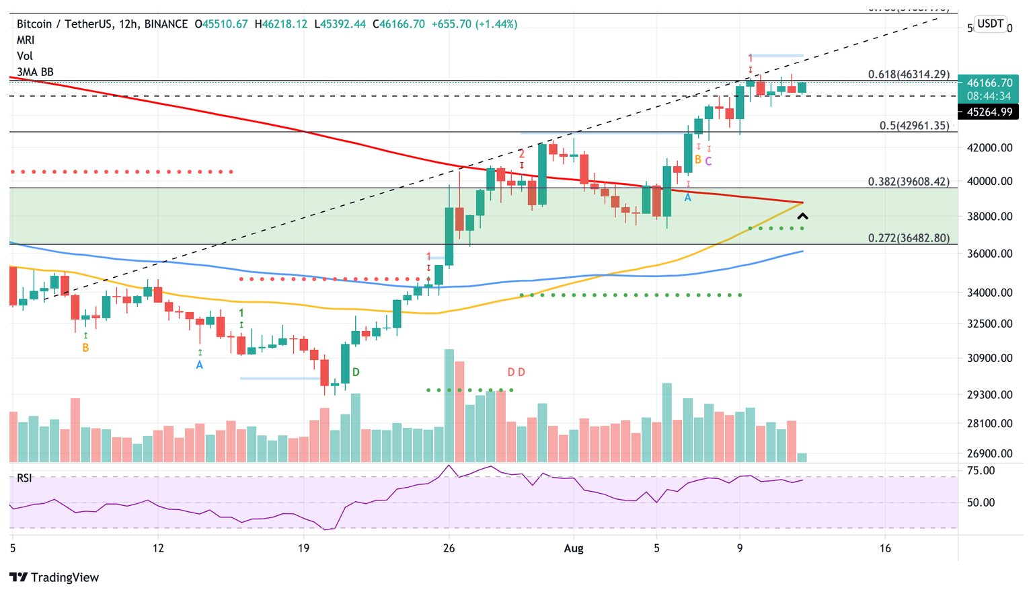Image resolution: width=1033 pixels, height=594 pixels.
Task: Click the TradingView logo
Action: (x=54, y=577)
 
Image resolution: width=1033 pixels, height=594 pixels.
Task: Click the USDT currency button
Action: (x=990, y=24)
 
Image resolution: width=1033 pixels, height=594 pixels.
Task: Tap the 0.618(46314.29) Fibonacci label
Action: (x=909, y=74)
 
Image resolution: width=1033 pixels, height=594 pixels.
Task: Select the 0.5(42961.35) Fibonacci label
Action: (x=914, y=126)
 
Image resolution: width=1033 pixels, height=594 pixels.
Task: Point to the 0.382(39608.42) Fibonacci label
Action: (x=909, y=182)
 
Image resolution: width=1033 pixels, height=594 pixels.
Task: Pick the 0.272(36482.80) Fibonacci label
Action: (x=909, y=238)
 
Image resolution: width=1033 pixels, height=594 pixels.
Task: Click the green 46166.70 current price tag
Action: (x=989, y=83)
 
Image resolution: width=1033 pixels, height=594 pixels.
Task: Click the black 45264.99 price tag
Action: (x=989, y=112)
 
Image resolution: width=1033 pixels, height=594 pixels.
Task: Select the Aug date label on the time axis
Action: (x=574, y=548)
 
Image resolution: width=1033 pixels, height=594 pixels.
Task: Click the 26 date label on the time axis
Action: (x=449, y=548)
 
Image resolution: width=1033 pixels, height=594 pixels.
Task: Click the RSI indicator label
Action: (x=24, y=478)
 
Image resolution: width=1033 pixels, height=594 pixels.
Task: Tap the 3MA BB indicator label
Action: (x=35, y=72)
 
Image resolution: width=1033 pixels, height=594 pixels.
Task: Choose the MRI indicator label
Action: (x=26, y=40)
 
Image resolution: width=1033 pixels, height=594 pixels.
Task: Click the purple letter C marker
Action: (x=709, y=161)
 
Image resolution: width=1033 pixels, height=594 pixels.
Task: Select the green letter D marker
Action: (x=356, y=372)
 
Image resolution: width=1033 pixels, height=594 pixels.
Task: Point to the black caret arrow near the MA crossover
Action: (x=802, y=217)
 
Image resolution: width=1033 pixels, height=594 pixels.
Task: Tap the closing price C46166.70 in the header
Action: (x=401, y=24)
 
